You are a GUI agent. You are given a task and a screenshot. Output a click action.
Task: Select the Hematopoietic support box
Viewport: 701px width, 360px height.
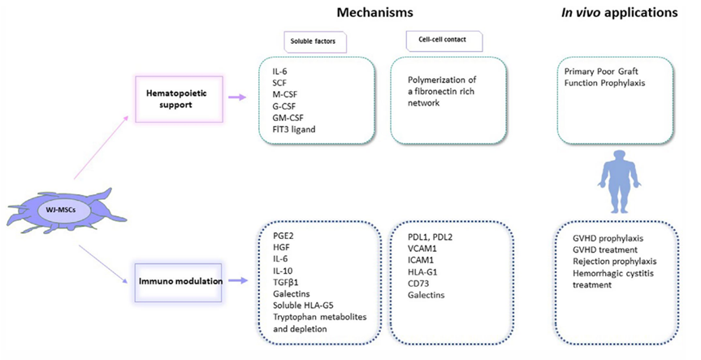coord(179,99)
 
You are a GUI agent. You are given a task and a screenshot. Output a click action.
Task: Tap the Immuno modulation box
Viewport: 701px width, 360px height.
coord(179,282)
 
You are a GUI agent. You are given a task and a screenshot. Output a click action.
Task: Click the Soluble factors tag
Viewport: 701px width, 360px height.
coord(314,42)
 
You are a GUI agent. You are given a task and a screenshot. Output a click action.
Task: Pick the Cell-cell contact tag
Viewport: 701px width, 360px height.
coord(444,41)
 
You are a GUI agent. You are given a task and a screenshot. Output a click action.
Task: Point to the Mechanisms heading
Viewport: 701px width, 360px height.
coord(374,12)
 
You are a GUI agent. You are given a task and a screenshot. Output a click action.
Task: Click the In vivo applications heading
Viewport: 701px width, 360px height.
coord(620,12)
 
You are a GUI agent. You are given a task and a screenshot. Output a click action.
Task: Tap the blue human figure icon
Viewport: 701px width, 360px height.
coord(620,181)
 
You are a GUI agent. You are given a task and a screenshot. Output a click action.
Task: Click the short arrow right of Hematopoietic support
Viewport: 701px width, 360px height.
coord(237,97)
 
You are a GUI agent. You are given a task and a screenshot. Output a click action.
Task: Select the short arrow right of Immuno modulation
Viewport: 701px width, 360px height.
coord(238,280)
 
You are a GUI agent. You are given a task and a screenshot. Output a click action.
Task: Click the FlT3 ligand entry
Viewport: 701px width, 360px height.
coord(294,130)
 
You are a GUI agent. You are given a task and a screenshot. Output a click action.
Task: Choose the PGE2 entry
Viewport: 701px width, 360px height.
coord(283,236)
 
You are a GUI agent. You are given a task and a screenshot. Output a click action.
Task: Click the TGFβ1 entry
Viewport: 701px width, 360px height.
coord(286,283)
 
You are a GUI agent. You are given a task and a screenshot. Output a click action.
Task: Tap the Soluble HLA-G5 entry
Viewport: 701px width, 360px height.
coord(303,306)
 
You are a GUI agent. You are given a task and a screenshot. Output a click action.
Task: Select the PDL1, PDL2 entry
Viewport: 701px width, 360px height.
coord(430,237)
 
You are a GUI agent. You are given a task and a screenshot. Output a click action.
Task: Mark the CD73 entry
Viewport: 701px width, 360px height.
coord(418,284)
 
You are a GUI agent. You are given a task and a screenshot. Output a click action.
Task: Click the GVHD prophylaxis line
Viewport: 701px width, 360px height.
coord(608,238)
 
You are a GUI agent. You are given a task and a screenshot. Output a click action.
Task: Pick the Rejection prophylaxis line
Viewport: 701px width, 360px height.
coord(615,262)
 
